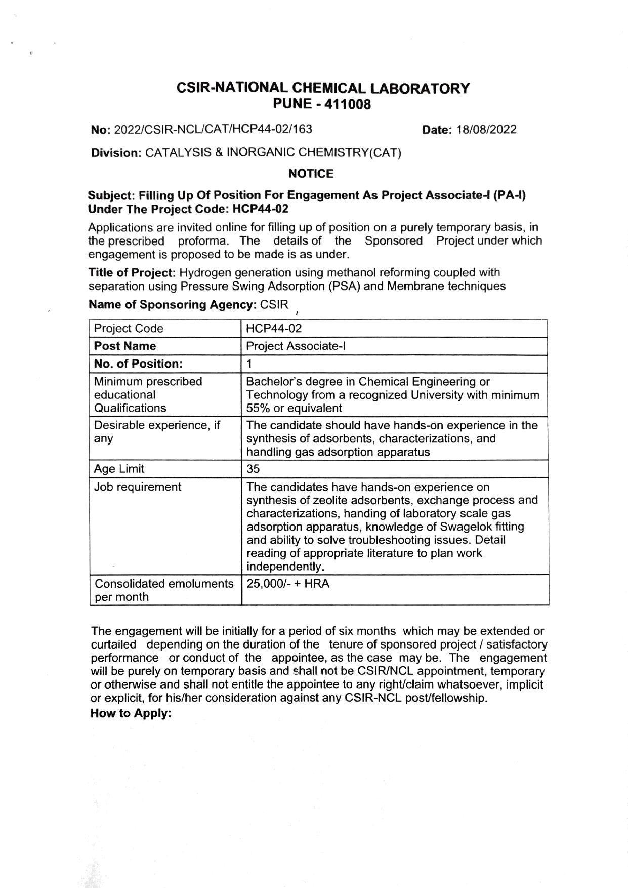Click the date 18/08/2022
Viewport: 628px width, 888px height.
[x=486, y=130]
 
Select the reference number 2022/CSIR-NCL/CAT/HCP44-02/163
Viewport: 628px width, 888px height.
[x=213, y=129]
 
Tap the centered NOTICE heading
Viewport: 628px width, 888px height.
[x=311, y=174]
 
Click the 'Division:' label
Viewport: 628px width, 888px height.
[x=116, y=153]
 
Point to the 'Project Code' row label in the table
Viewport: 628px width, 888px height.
[x=129, y=329]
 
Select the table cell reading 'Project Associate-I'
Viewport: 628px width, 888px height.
[x=296, y=346]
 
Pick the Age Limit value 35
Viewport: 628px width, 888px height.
[x=253, y=469]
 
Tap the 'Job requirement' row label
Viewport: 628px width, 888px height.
[x=137, y=487]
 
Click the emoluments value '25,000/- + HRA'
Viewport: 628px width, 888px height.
[x=287, y=584]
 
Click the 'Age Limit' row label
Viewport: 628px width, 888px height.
[x=119, y=469]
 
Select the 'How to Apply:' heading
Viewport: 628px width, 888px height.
[x=131, y=713]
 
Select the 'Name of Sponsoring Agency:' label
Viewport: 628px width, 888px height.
[x=172, y=305]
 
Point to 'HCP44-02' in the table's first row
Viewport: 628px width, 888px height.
[x=273, y=329]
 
